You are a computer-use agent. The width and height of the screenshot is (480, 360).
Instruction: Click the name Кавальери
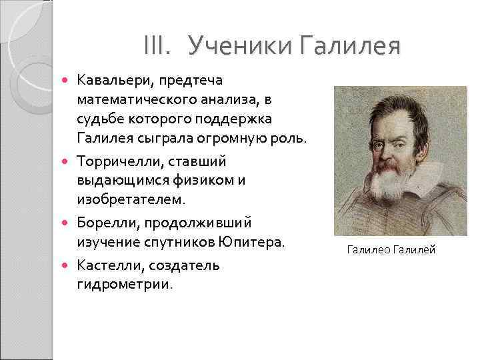pyautogui.click(x=111, y=81)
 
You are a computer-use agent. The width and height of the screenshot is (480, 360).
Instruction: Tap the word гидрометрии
pyautogui.click(x=125, y=285)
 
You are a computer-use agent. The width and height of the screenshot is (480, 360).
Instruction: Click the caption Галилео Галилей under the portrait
pyautogui.click(x=391, y=250)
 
